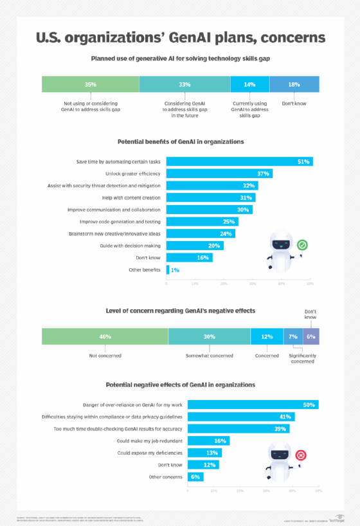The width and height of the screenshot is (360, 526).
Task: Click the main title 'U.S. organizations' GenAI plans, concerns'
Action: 180,37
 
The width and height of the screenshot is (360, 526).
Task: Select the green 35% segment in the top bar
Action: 91,84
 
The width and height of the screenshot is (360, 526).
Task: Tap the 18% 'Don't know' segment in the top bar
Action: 294,84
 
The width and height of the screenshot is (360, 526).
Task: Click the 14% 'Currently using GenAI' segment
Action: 249,84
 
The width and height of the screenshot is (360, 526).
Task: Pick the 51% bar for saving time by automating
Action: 240,161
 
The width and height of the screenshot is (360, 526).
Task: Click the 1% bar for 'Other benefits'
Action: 168,269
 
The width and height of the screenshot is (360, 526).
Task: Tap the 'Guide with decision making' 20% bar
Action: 195,246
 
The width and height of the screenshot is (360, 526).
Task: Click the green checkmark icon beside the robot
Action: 301,245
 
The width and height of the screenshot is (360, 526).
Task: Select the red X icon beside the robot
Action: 300,456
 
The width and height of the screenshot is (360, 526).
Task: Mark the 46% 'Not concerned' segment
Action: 105,336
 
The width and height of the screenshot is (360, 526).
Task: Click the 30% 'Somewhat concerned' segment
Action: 210,336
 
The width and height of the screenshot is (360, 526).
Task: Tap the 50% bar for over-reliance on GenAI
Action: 253,404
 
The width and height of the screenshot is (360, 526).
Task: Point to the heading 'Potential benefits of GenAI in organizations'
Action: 180,141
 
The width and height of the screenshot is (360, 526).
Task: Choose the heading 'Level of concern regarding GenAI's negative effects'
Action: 180,311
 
